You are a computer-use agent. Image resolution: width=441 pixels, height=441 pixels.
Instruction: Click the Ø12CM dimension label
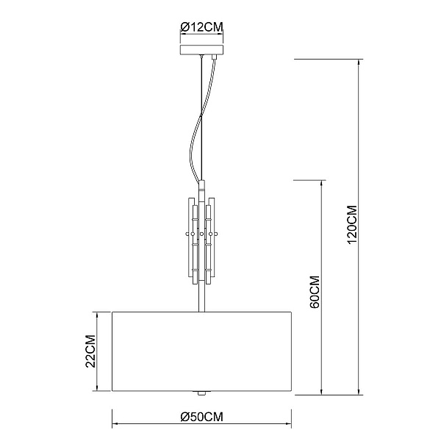(x=201, y=27)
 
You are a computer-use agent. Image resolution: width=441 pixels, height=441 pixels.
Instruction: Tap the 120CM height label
(x=352, y=225)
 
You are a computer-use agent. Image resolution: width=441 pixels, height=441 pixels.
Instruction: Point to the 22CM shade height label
(x=90, y=351)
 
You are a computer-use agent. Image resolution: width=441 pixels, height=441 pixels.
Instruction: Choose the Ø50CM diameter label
(x=201, y=417)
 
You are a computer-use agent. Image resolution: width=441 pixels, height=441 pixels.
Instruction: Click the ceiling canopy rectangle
(x=201, y=49)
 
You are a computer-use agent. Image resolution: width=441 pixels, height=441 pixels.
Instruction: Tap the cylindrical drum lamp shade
(x=201, y=351)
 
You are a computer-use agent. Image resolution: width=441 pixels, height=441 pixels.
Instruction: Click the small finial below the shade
(x=201, y=393)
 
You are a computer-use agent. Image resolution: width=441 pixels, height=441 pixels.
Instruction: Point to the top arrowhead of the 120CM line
(x=359, y=62)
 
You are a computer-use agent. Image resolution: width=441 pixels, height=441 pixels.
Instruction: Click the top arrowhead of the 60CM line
(x=321, y=183)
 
